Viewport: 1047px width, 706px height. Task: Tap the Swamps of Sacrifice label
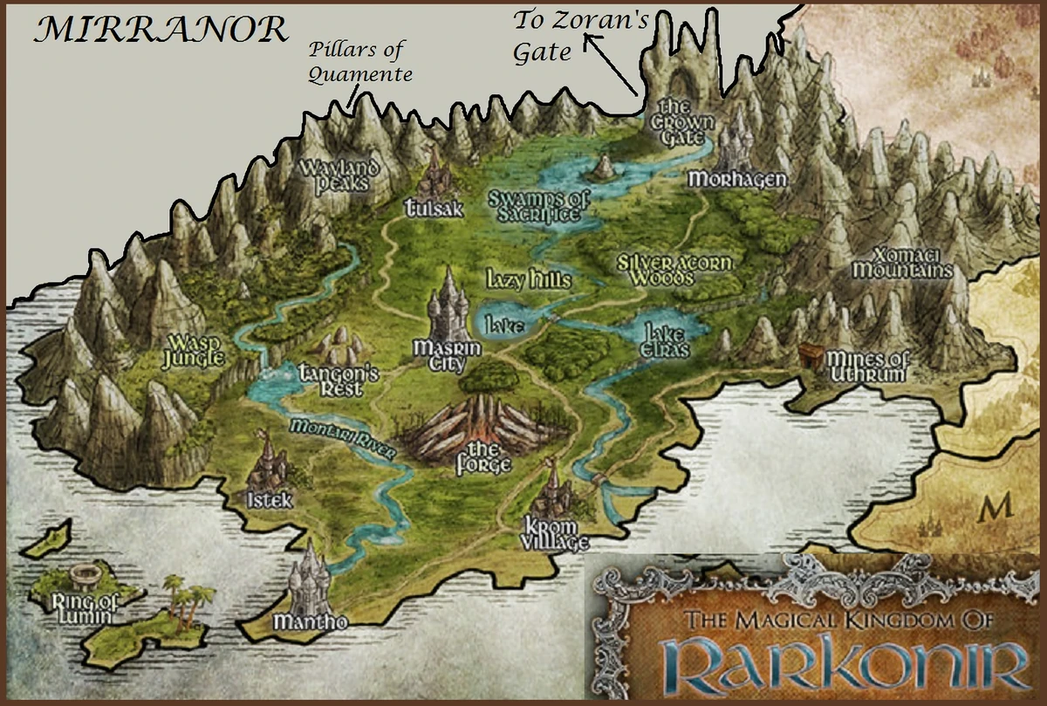click(536, 206)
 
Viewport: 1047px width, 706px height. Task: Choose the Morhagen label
click(737, 180)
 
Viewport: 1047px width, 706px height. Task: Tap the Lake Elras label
click(667, 341)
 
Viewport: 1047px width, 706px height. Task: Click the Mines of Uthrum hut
click(811, 355)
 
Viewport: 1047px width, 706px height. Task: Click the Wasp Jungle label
click(195, 349)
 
